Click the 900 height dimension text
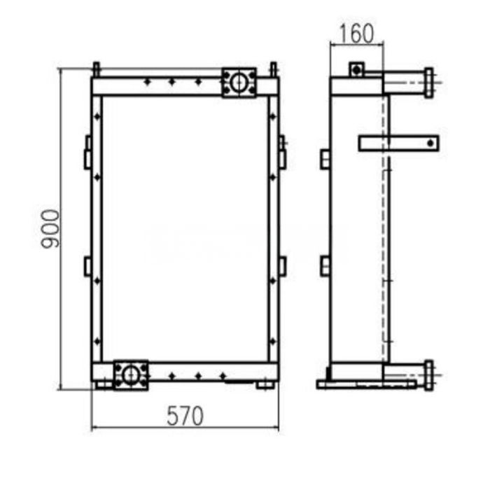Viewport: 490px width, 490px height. coord(49,228)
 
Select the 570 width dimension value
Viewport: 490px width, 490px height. coord(185,416)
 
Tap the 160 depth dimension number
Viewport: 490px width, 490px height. coord(356,33)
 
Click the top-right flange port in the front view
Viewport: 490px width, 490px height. coord(239,83)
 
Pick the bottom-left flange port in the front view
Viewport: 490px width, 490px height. coord(131,374)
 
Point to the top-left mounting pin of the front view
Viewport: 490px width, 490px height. coord(96,69)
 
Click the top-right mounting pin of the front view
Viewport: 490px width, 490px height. coord(274,69)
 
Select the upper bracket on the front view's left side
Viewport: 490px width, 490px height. coord(87,153)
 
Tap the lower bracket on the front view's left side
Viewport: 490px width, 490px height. coord(87,266)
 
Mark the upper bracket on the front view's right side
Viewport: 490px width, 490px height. coord(282,153)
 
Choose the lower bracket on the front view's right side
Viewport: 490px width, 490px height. coord(282,266)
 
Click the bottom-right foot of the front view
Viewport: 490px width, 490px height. coord(265,384)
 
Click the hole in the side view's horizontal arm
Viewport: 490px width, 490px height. coord(428,143)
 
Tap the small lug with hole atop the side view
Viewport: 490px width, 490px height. coord(357,69)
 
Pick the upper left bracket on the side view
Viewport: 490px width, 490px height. coord(325,159)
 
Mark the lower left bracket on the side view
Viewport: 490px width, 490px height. coord(325,266)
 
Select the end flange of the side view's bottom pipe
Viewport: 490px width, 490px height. coord(428,374)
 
